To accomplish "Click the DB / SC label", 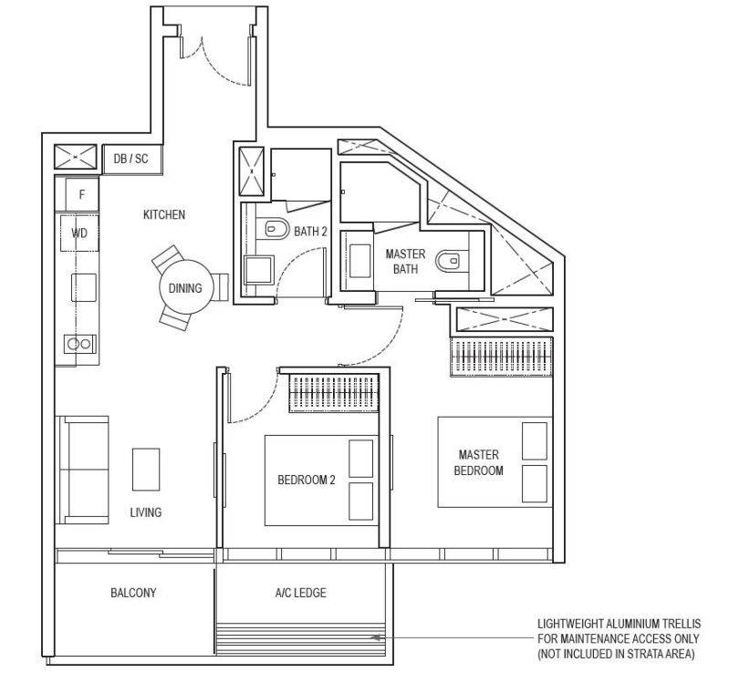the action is [131, 159].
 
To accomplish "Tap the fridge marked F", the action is [82, 193].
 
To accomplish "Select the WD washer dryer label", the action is [79, 233].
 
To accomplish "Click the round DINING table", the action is [186, 288].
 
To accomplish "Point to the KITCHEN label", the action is [164, 214].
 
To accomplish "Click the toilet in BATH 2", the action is [276, 229].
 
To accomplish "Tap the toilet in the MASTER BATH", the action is [448, 261].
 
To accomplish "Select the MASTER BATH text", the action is [405, 261].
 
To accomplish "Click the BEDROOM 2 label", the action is [307, 480].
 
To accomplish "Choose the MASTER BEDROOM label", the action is [479, 462].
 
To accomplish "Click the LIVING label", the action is [145, 512].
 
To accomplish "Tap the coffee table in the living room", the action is [146, 470].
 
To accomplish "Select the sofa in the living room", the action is [82, 470].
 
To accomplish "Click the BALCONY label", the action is [133, 593].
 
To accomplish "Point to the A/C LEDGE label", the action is [301, 593].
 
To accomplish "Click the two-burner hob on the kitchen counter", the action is [80, 344].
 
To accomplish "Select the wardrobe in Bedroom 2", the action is [334, 394].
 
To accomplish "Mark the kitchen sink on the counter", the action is [84, 287].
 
